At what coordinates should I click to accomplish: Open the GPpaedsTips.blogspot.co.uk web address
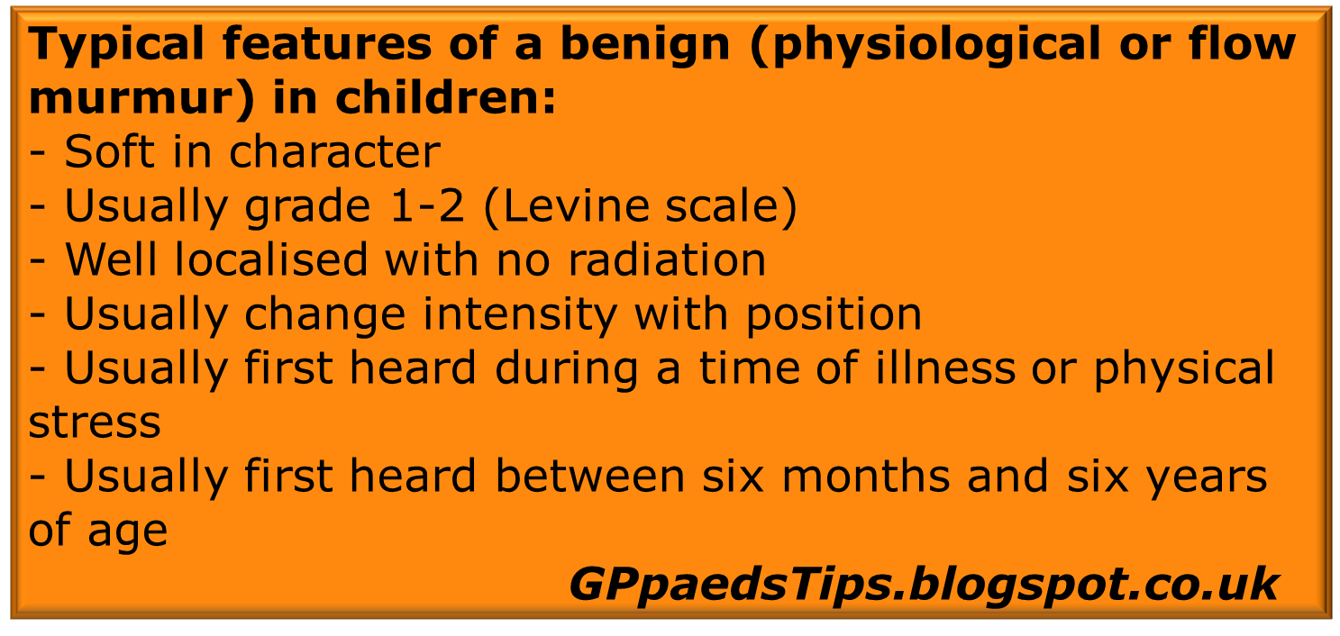point(924,585)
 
